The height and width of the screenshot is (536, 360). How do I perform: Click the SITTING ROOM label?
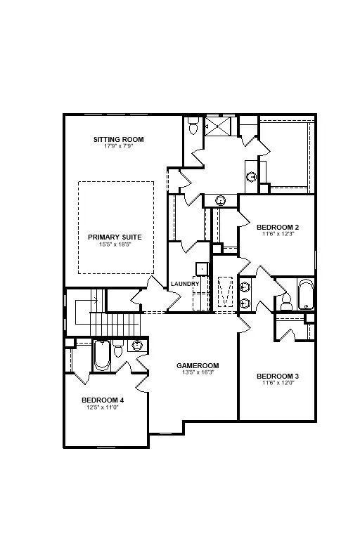point(118,140)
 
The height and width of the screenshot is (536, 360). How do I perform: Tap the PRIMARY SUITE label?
point(115,237)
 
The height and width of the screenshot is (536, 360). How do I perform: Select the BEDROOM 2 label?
point(278,228)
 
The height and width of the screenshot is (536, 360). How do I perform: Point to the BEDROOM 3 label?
point(278,377)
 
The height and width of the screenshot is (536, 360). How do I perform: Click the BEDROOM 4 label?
point(103,400)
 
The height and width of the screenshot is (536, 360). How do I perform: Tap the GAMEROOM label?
point(198,366)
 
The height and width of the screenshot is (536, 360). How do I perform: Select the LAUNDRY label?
point(185,284)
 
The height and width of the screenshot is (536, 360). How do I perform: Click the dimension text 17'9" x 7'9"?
point(118,146)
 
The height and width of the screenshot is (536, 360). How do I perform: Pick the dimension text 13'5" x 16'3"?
point(198,372)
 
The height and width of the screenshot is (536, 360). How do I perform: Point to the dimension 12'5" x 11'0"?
point(103,407)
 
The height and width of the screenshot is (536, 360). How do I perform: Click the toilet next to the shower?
point(193,126)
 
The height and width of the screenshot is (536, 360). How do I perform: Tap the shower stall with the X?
point(217,126)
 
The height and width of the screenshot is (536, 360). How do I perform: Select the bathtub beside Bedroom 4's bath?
point(102,355)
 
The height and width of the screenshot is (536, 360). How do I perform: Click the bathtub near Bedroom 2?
point(305,294)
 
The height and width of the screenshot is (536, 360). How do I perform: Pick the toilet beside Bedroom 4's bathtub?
point(118,348)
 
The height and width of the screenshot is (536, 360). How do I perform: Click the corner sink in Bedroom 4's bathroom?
point(137,345)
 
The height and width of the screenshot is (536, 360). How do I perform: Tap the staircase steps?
point(115,324)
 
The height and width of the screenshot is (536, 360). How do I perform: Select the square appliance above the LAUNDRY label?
point(202,269)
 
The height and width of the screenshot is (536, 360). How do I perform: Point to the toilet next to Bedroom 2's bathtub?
point(285,301)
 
